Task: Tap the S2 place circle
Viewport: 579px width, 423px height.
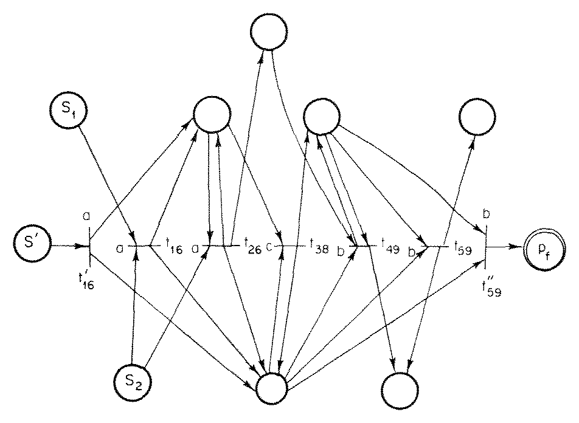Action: (x=132, y=385)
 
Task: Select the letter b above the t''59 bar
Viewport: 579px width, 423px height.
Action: (x=487, y=214)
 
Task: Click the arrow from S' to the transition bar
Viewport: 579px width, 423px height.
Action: (x=67, y=246)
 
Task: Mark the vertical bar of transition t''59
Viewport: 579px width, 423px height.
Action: (x=487, y=247)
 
